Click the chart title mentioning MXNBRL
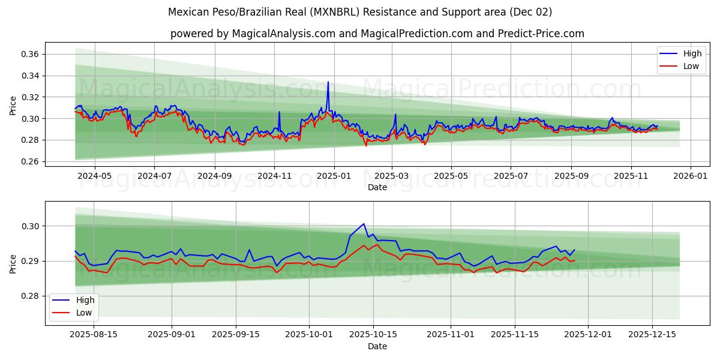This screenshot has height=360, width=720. [360, 12]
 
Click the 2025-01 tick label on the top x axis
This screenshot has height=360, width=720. [334, 176]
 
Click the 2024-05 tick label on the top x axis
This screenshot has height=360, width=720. [95, 176]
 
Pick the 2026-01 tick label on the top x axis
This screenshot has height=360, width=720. [691, 176]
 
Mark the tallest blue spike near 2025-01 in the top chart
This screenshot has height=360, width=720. [328, 82]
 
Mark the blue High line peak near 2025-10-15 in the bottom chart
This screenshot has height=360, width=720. [364, 224]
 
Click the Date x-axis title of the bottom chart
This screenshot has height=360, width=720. [377, 346]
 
